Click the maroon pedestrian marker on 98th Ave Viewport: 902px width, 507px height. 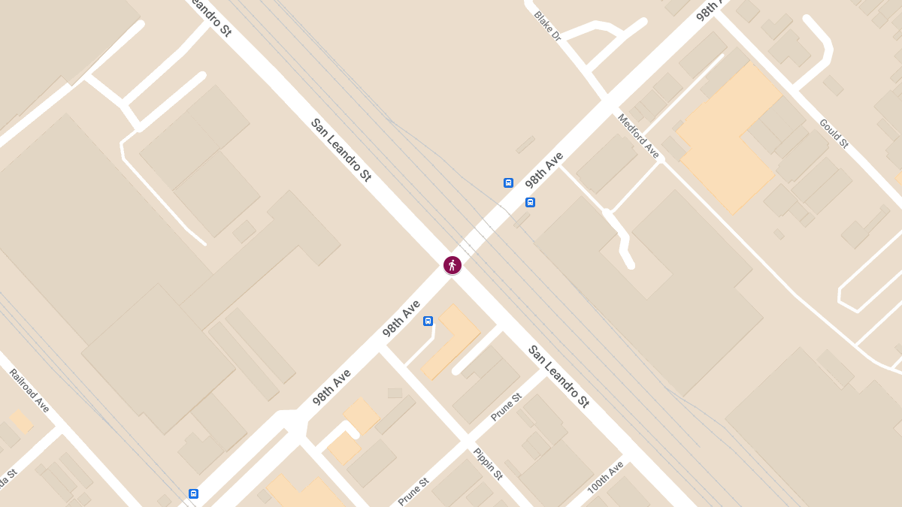point(452,264)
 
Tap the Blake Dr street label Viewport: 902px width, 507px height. point(547,26)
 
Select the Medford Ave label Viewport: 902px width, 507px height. point(638,136)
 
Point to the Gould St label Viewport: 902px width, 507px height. point(834,133)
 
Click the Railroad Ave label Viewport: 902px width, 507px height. point(29,391)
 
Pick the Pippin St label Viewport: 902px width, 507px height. point(487,463)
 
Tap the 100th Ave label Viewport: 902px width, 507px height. point(605,477)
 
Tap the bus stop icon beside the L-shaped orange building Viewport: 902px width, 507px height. point(428,321)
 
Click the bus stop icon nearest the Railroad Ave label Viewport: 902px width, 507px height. point(194,493)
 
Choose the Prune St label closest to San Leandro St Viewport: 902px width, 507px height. point(506,406)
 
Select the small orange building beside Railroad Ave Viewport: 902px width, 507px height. point(20,421)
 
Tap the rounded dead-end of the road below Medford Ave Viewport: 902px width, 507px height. point(630,264)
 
